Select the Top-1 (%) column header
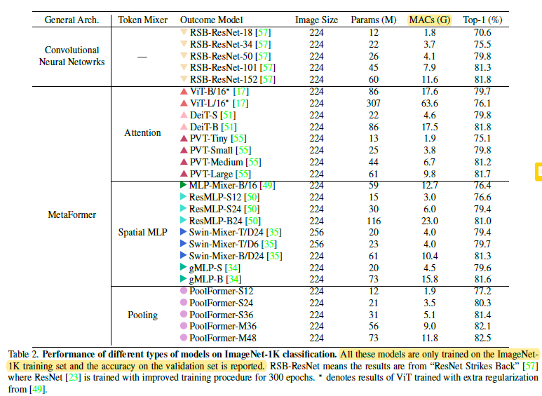(485, 20)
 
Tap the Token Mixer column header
(142, 20)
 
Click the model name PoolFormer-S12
(221, 291)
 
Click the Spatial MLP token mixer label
(142, 233)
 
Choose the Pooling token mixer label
(142, 315)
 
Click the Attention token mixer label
(142, 132)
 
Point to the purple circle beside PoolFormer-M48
(184, 338)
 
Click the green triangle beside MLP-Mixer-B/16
(183, 185)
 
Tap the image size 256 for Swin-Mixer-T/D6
(316, 244)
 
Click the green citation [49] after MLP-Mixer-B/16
(268, 186)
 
